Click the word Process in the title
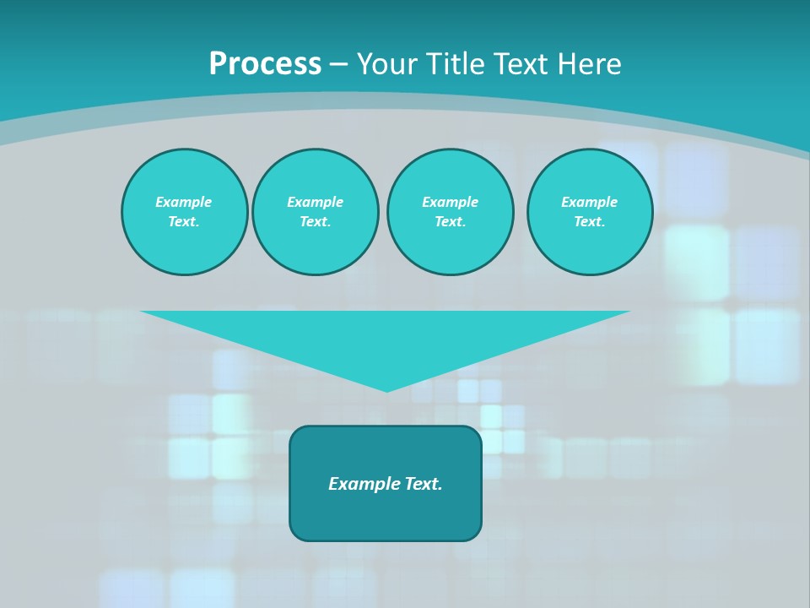click(x=265, y=64)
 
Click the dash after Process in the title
click(x=339, y=64)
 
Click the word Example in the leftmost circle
click(x=184, y=202)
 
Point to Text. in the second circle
click(x=315, y=221)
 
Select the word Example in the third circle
click(x=450, y=202)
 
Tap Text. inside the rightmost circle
click(x=590, y=221)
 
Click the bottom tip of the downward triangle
click(x=386, y=389)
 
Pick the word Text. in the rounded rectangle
click(x=424, y=484)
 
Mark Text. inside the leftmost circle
click(x=184, y=221)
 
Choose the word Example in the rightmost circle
click(x=590, y=202)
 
